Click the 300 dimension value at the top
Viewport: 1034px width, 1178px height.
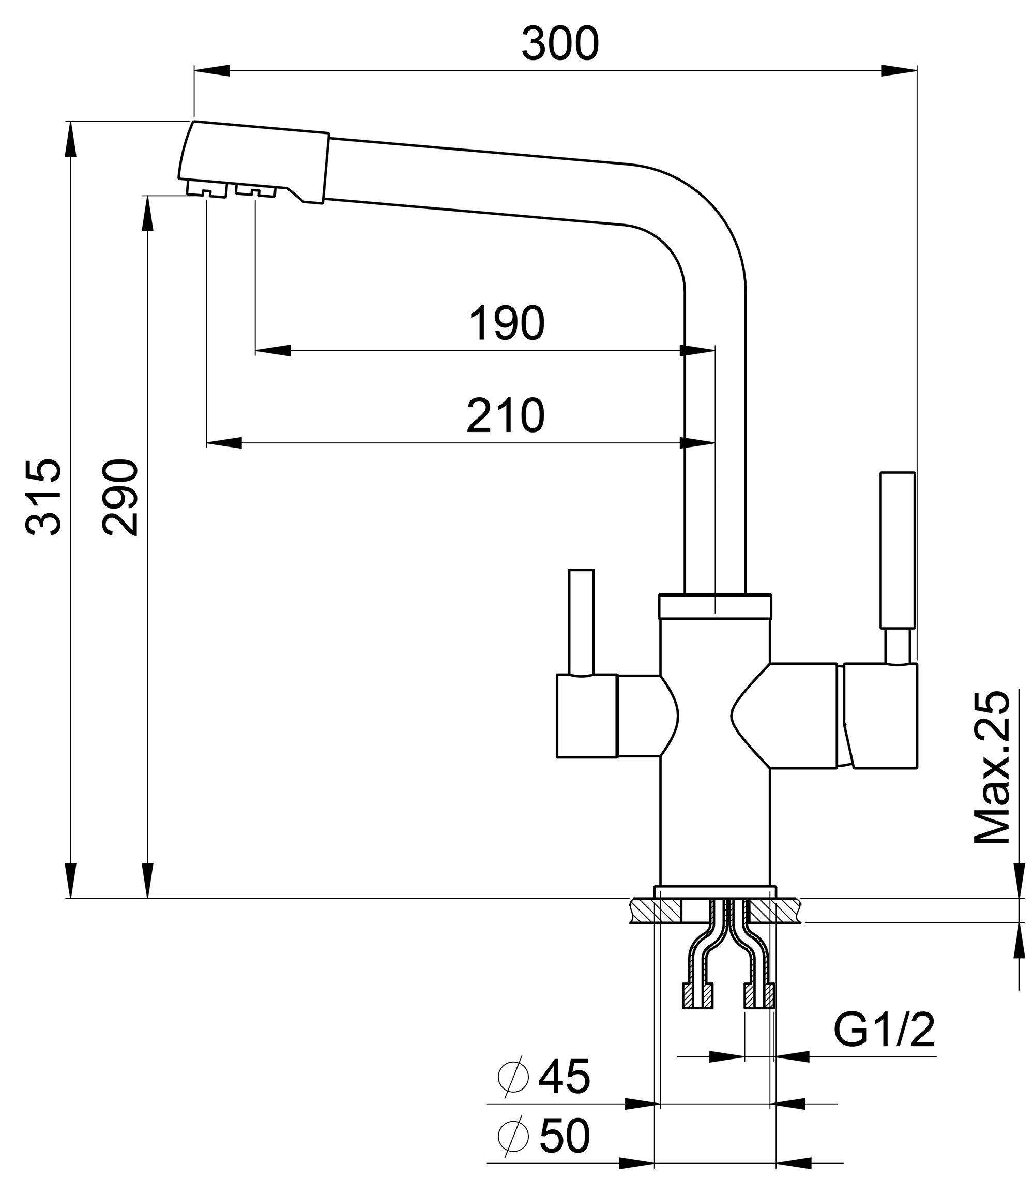(560, 45)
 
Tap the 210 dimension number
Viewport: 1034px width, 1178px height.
(505, 416)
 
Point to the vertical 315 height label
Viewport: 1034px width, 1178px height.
(44, 497)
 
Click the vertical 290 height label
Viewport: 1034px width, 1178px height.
(120, 497)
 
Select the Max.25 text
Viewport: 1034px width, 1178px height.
(992, 768)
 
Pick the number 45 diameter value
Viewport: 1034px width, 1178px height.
(564, 1077)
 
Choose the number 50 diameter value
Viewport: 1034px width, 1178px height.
(564, 1137)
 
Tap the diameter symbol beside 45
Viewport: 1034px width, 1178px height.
(513, 1077)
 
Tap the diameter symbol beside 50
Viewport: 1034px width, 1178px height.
(513, 1137)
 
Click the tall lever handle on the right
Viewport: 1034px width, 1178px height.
(897, 550)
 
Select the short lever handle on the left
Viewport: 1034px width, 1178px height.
(581, 621)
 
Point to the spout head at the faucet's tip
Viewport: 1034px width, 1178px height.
(253, 161)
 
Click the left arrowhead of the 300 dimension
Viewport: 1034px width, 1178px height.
(212, 71)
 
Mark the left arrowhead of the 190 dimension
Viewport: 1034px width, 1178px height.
(272, 350)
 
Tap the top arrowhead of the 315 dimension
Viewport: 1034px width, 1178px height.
(70, 140)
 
